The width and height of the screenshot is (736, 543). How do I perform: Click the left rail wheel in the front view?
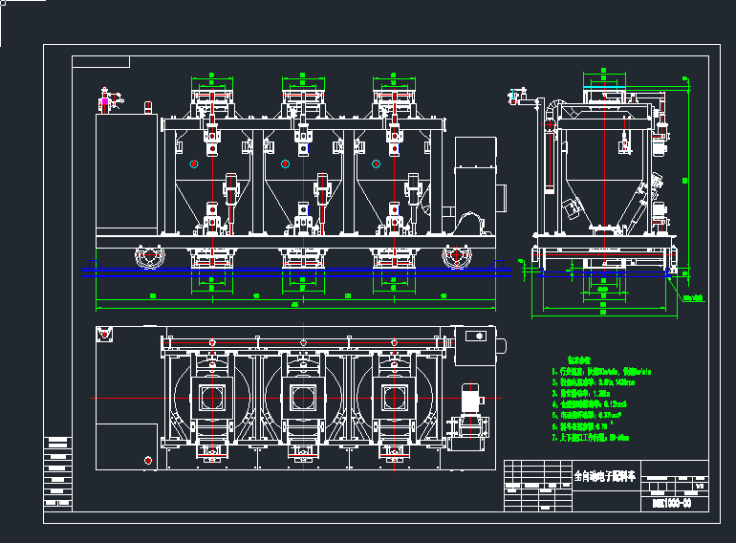(x=150, y=256)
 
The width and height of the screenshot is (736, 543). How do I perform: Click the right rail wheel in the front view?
(x=456, y=256)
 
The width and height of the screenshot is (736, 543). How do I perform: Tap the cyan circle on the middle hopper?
(x=285, y=164)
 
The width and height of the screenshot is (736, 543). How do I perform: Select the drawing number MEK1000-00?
(x=671, y=501)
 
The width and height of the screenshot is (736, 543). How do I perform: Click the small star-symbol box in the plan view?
(x=473, y=337)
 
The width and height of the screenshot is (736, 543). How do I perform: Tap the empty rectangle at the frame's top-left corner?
(x=101, y=62)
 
